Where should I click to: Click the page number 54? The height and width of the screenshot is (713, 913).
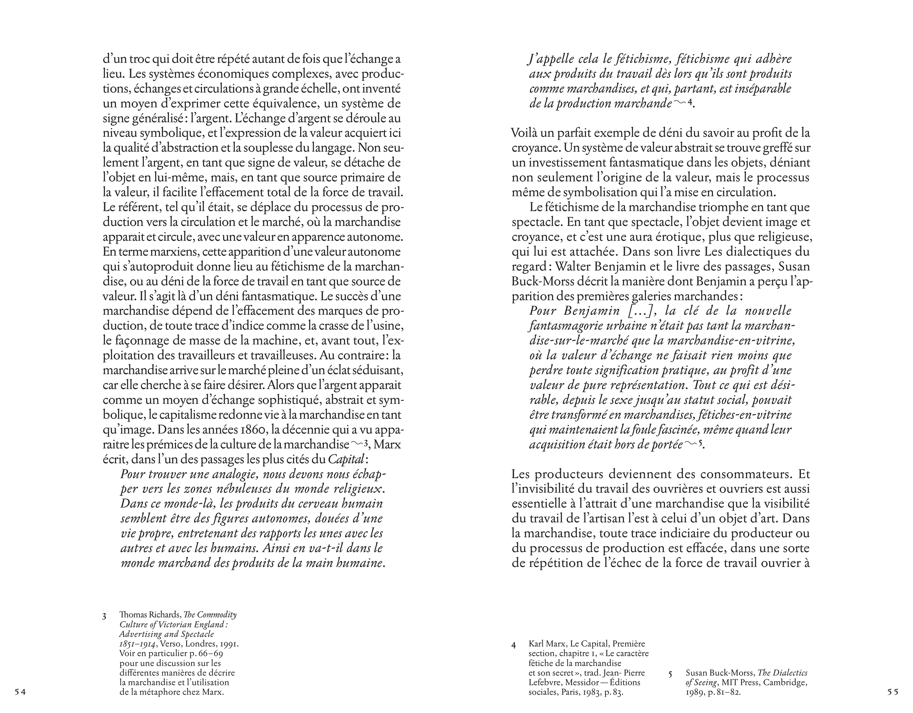pos(20,692)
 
